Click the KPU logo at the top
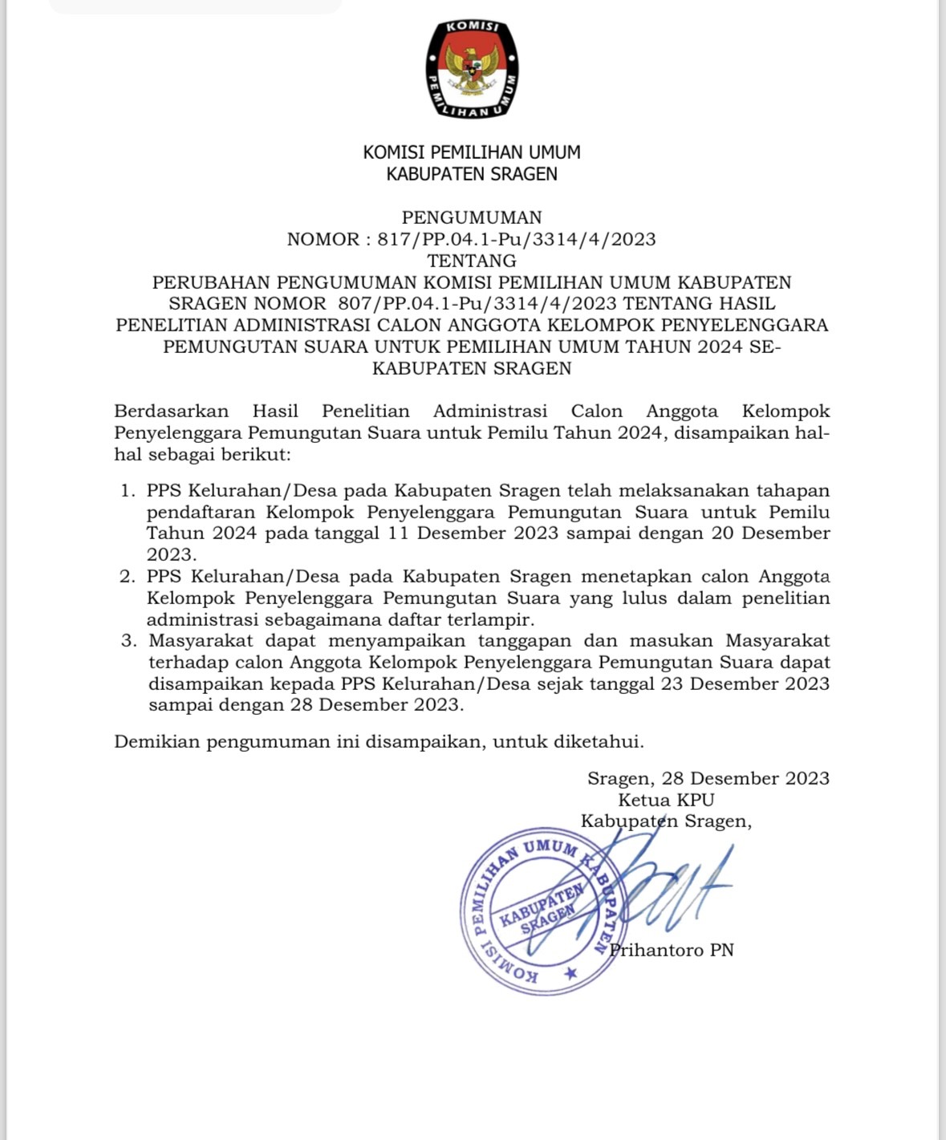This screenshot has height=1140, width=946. (x=472, y=68)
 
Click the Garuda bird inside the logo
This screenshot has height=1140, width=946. (x=472, y=69)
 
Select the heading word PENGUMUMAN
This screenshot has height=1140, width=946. (x=472, y=217)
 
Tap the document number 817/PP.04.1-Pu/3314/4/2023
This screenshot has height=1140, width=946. (x=516, y=239)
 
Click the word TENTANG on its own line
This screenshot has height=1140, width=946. (x=472, y=261)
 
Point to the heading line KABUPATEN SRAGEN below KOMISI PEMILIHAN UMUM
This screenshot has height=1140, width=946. (x=472, y=174)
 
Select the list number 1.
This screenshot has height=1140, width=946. (x=128, y=490)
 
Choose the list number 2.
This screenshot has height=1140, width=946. (x=128, y=576)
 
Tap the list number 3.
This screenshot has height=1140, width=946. (x=128, y=640)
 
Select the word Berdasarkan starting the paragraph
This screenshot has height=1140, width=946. (x=171, y=412)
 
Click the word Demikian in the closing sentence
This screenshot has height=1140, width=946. (x=156, y=741)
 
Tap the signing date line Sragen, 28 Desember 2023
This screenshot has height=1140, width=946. (x=708, y=778)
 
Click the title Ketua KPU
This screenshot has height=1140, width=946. (x=666, y=800)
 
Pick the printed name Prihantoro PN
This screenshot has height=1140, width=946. (x=672, y=951)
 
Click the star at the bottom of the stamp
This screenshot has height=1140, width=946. (x=570, y=973)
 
